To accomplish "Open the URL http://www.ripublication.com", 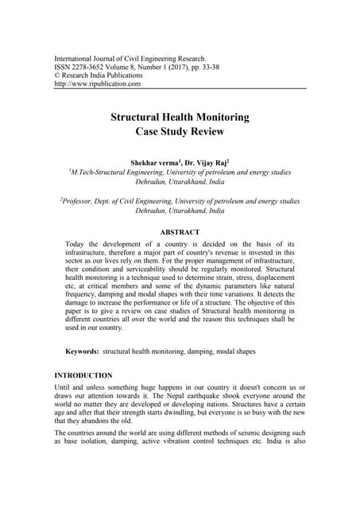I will [x=97, y=84].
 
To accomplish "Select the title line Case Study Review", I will [x=179, y=131].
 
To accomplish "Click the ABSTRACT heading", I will [x=180, y=232].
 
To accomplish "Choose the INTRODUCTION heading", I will [x=83, y=375].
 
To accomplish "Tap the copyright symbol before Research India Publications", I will [x=56, y=76].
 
